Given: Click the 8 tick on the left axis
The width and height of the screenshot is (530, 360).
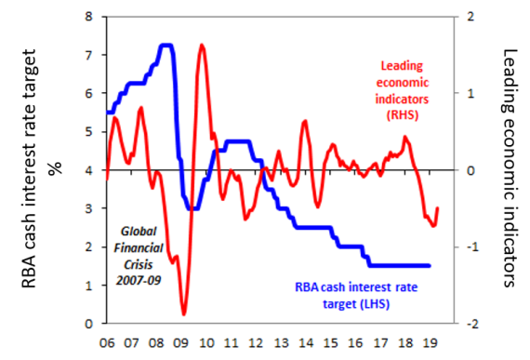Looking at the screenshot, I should tap(89, 17).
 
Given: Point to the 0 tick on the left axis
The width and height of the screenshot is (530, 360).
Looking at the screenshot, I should tap(89, 324).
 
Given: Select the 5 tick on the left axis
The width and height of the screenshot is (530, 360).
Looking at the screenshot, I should tap(89, 132).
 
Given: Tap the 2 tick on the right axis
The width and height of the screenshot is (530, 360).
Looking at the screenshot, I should tap(472, 17).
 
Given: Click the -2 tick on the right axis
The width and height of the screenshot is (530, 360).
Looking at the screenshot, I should tap(471, 324).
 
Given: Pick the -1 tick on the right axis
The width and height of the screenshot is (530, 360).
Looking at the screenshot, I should tap(471, 247).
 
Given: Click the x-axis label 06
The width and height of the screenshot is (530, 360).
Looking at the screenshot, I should tap(107, 341).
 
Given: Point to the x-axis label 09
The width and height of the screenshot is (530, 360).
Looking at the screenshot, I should tap(184, 341).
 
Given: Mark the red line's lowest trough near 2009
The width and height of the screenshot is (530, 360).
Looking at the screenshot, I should tap(184, 314).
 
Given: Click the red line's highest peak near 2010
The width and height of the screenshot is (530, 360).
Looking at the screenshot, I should tap(202, 45).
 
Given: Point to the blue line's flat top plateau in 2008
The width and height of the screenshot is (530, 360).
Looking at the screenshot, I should tap(166, 45).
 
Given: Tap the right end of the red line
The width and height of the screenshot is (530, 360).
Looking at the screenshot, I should tap(438, 208).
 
